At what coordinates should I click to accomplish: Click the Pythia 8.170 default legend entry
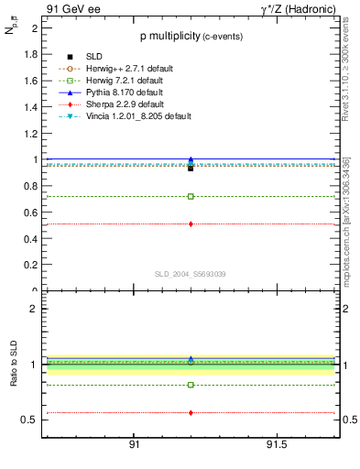click(x=118, y=93)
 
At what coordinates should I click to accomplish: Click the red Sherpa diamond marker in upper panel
click(x=191, y=224)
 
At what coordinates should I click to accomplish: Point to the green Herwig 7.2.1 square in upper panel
click(x=191, y=196)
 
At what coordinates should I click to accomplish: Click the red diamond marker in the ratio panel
click(x=191, y=413)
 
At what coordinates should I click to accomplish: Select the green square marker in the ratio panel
click(x=191, y=385)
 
